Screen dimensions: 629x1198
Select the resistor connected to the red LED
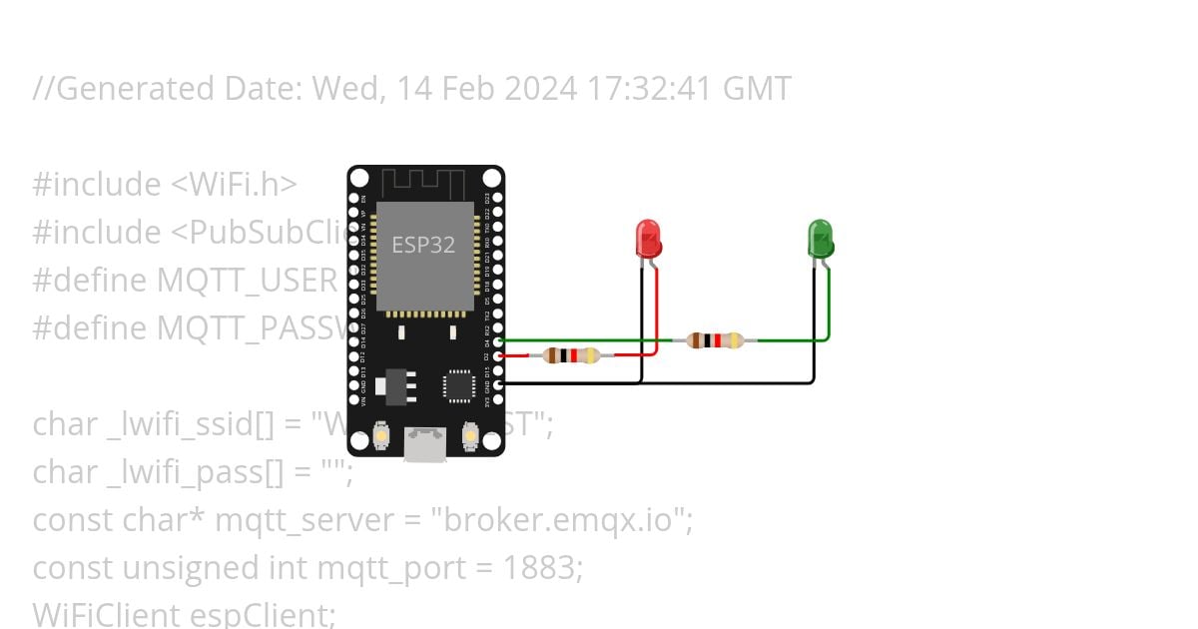tap(571, 354)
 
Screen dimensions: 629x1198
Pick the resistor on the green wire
tap(715, 340)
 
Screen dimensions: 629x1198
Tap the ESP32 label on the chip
tap(423, 245)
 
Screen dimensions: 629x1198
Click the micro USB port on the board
tap(425, 444)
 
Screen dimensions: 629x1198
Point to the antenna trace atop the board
tap(424, 184)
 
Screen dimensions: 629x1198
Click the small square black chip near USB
tap(459, 384)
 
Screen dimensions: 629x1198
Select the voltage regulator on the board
tap(397, 383)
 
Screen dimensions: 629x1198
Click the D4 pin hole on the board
tap(497, 341)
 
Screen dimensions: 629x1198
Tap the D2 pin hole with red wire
tap(497, 355)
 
